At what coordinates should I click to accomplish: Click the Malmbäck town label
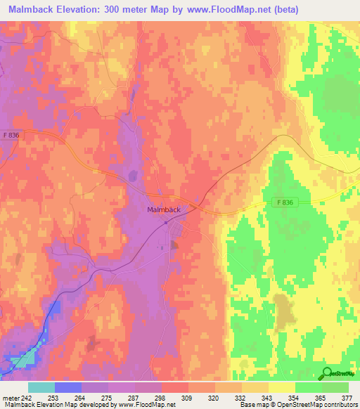[x=165, y=209]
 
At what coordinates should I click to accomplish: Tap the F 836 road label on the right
[x=283, y=202]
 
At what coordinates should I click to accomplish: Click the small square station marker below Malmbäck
[x=166, y=223]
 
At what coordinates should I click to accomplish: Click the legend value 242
[x=25, y=397]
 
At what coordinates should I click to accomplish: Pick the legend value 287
[x=135, y=397]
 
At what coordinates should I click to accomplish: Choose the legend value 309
[x=188, y=397]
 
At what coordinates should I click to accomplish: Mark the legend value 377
[x=347, y=397]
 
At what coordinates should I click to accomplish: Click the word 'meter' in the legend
[x=10, y=397]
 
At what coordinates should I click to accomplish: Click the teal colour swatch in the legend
[x=41, y=387]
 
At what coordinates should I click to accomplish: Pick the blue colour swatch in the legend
[x=68, y=387]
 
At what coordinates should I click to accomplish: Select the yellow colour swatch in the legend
[x=281, y=387]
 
